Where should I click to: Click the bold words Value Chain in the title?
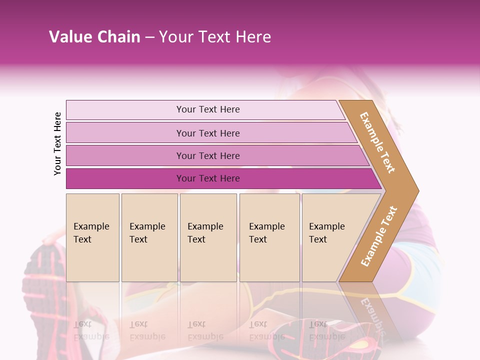coord(94,37)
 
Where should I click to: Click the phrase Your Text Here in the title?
coord(215,37)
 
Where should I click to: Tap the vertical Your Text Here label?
coord(57,143)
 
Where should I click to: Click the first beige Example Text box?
coord(92,237)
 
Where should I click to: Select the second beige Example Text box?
coord(149,237)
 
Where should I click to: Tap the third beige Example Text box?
coord(208,237)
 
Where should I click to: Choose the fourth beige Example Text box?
coord(269,237)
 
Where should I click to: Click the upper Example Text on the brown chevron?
coord(377,142)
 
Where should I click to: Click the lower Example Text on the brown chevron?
coord(379,236)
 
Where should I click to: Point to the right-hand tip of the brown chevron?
coord(417,190)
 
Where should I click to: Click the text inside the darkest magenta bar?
coord(208,178)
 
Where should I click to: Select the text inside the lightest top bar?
coord(208,109)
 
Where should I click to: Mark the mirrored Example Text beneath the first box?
coord(91,330)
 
